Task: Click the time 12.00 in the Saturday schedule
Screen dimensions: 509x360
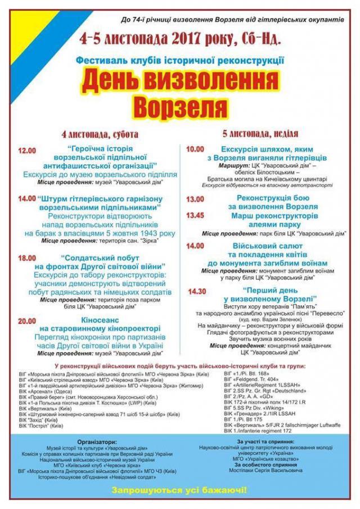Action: [27, 151]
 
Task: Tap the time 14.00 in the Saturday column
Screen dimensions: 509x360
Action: [26, 199]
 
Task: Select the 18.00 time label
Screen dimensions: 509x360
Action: [26, 258]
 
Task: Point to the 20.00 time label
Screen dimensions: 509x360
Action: [26, 321]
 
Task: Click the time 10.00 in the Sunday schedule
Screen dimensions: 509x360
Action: [195, 149]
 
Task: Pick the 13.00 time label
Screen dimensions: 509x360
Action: [195, 199]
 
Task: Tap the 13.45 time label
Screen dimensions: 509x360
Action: [195, 215]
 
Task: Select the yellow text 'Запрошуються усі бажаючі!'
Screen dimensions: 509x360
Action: [179, 490]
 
